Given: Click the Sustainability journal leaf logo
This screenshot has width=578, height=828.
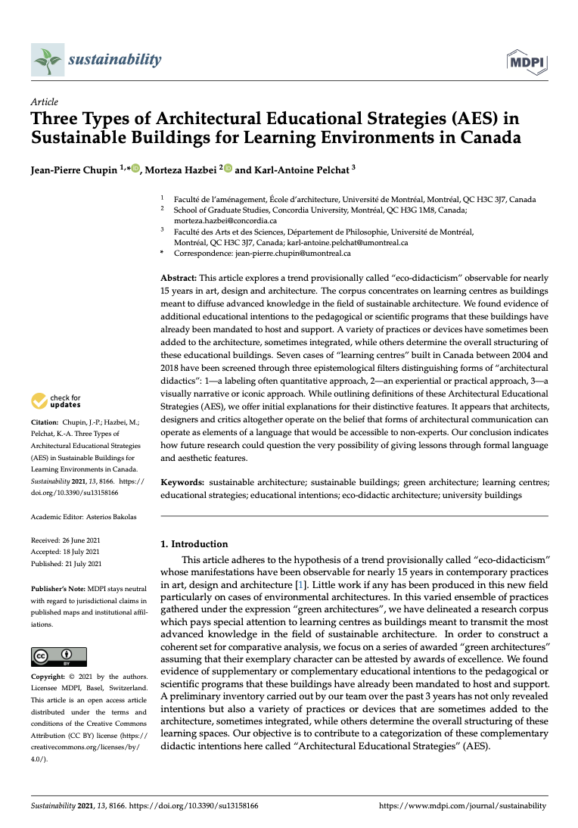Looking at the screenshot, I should [47, 60].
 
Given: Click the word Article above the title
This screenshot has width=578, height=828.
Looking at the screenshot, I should [45, 102].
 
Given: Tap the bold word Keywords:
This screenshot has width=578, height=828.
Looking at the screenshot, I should [182, 482].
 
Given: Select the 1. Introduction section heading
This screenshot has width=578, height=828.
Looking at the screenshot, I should [194, 543].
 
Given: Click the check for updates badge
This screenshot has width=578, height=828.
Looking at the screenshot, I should [56, 401].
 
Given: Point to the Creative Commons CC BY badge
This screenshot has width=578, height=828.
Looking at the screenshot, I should [58, 656].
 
